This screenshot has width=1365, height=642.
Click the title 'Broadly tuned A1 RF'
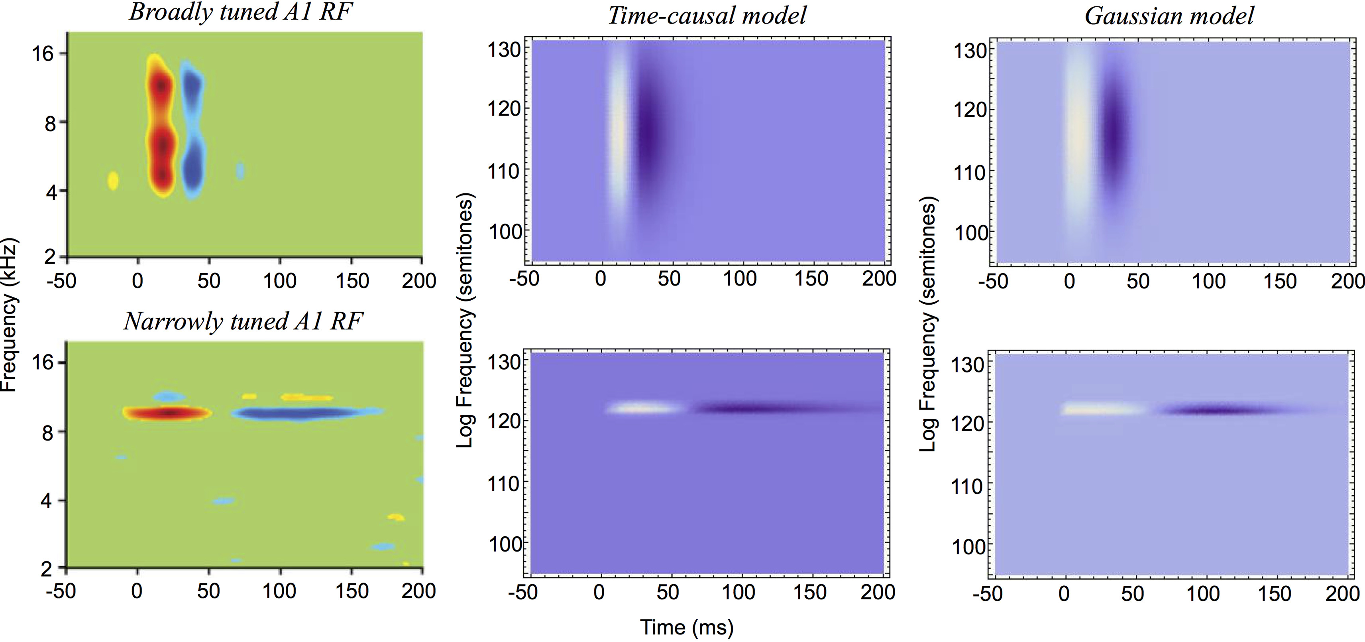click(x=241, y=13)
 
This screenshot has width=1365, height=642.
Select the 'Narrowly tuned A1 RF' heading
click(x=243, y=321)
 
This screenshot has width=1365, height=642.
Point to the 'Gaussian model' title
click(x=1169, y=16)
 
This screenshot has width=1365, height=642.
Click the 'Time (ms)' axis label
click(x=687, y=627)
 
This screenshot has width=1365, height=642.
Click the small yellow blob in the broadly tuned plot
click(x=113, y=181)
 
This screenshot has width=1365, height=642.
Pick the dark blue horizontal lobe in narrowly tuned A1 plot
click(x=297, y=413)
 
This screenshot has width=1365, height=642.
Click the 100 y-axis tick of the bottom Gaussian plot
click(x=968, y=547)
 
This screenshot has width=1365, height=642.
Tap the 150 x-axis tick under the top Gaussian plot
click(x=1280, y=281)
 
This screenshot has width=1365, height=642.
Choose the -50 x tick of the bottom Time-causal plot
click(x=522, y=593)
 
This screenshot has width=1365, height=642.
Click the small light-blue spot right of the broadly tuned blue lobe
click(x=240, y=171)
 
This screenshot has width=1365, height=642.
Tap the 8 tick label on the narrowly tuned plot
click(x=48, y=433)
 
